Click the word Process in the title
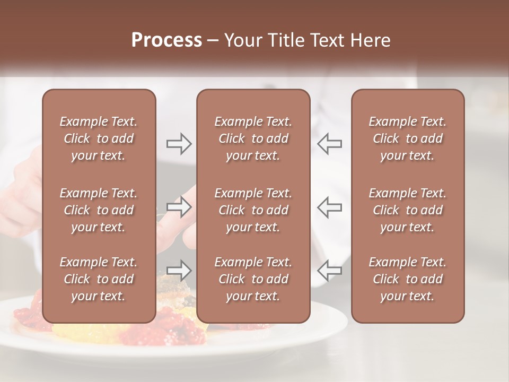pos(166,40)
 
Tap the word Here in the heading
pos(370,40)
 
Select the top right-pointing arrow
pos(179,144)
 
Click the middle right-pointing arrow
pos(179,207)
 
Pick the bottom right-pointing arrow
pos(179,270)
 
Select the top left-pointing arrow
pos(330,144)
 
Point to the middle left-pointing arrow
pos(330,207)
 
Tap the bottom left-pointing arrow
pos(330,270)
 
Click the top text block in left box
pos(99,138)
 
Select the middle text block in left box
pos(99,210)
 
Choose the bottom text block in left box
pos(99,279)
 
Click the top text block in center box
pos(253,138)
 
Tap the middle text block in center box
pos(253,210)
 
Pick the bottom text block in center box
pos(253,279)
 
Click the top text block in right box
pos(408,138)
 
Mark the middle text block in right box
pos(408,210)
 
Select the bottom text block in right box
pos(408,279)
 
